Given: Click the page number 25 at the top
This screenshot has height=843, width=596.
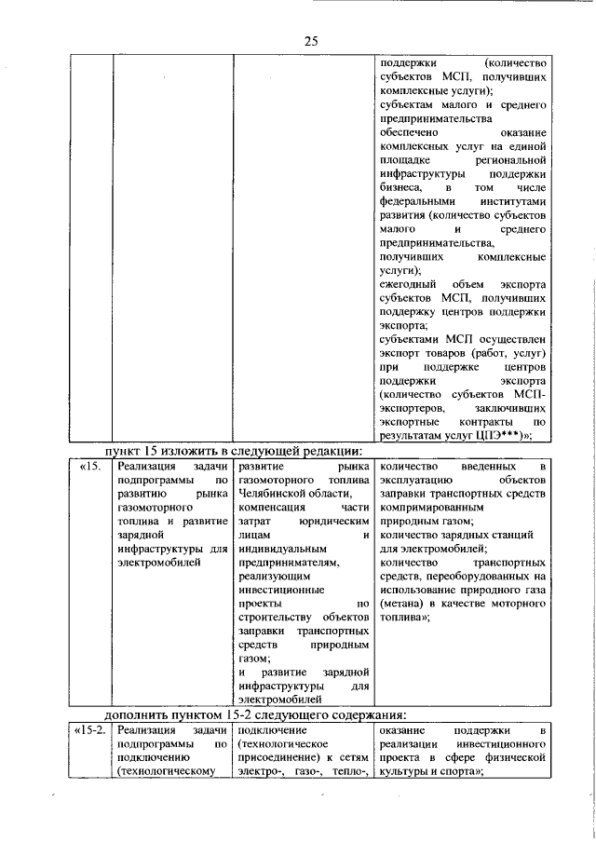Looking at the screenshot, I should click(310, 40).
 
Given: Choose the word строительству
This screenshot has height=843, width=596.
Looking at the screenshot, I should click(278, 616).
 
